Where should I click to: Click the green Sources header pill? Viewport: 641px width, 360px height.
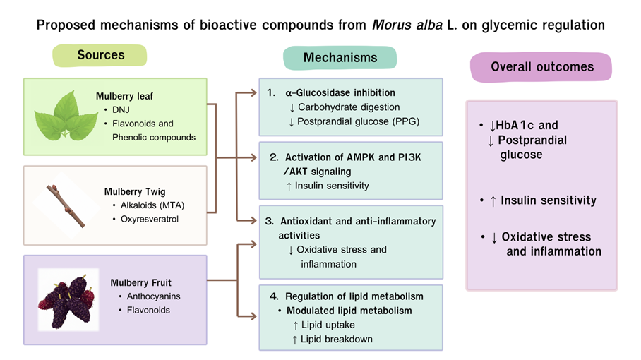100,55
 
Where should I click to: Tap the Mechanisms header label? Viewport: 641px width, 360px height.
340,58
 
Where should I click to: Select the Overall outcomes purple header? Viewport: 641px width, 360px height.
542,68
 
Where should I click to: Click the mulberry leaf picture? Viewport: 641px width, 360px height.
66,116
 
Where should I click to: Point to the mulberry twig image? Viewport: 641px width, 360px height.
66,205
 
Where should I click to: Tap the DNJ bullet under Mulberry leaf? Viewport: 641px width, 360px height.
122,109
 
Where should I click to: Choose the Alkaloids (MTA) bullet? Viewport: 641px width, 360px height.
153,205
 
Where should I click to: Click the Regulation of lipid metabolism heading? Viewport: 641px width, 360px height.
354,296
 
